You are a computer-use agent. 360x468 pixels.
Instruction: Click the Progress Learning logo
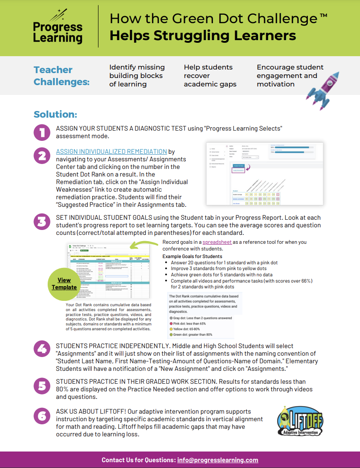(x=58, y=28)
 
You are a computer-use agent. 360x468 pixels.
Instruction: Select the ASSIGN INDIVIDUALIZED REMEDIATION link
(x=111, y=152)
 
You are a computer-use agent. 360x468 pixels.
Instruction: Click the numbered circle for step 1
(x=42, y=132)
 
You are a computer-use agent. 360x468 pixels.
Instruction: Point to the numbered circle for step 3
(x=42, y=222)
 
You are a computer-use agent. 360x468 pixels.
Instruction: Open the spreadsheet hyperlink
(x=217, y=242)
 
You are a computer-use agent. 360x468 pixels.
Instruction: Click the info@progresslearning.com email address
(x=218, y=460)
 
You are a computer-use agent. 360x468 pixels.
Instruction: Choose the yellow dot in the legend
(x=171, y=329)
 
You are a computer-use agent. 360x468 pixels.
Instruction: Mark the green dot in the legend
(x=171, y=334)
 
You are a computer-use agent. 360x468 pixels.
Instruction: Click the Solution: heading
(x=56, y=115)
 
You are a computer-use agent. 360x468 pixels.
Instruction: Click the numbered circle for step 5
(x=42, y=386)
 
